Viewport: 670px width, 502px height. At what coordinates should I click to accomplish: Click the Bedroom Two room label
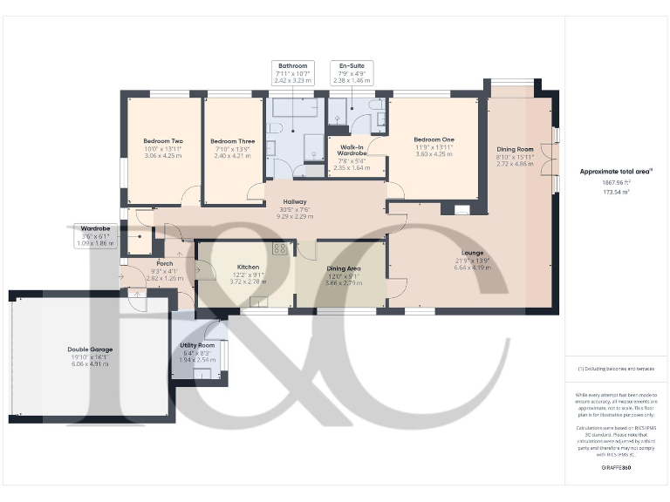pos(163,141)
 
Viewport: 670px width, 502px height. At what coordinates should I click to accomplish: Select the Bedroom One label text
pos(434,139)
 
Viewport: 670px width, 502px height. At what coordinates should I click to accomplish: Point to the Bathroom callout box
pos(293,72)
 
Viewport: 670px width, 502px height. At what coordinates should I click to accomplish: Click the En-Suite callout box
pos(352,72)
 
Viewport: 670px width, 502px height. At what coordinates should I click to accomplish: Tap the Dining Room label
pos(515,149)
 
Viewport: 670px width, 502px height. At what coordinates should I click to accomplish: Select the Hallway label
pos(295,201)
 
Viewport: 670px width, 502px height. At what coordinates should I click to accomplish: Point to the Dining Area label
pos(341,269)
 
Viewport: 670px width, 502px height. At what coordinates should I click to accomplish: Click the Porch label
pos(164,263)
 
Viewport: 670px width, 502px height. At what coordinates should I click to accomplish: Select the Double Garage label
pos(91,349)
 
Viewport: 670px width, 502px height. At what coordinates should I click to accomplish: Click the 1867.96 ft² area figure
pos(617,182)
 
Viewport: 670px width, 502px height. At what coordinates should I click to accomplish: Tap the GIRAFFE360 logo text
pos(616,469)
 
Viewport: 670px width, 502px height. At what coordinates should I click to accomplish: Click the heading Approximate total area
pos(616,171)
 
